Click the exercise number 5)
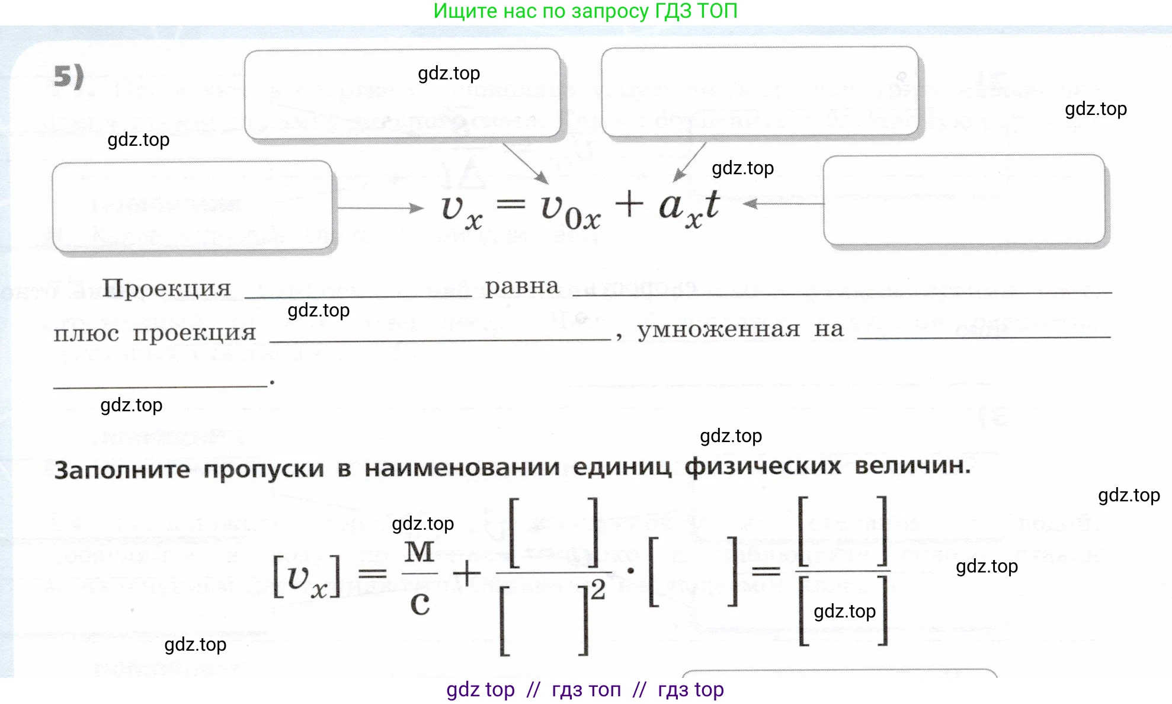(x=69, y=76)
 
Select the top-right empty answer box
(x=760, y=92)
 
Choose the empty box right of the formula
(x=963, y=200)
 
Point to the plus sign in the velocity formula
(x=629, y=204)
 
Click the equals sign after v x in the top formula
(x=510, y=205)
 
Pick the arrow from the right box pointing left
(x=783, y=204)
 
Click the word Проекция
(x=166, y=289)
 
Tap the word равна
(x=522, y=287)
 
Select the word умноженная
(x=718, y=329)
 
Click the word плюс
(x=87, y=334)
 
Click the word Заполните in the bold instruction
(x=122, y=470)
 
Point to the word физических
(x=763, y=466)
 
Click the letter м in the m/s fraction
(x=420, y=552)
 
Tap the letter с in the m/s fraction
(x=420, y=604)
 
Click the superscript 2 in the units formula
(x=598, y=590)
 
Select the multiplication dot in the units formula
(x=630, y=571)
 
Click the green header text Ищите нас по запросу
(x=541, y=11)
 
